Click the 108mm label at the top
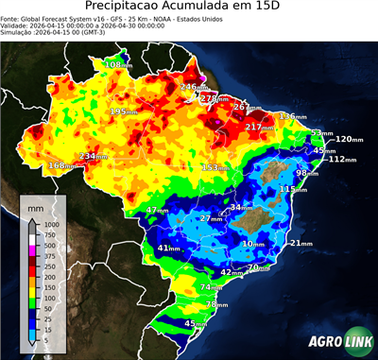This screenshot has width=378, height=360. (118, 64)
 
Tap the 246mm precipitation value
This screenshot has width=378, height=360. (192, 87)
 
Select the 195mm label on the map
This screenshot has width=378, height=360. (123, 111)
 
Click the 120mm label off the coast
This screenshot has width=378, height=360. (349, 139)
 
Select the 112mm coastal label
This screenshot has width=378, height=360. (342, 159)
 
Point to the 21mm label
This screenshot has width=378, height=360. (300, 243)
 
